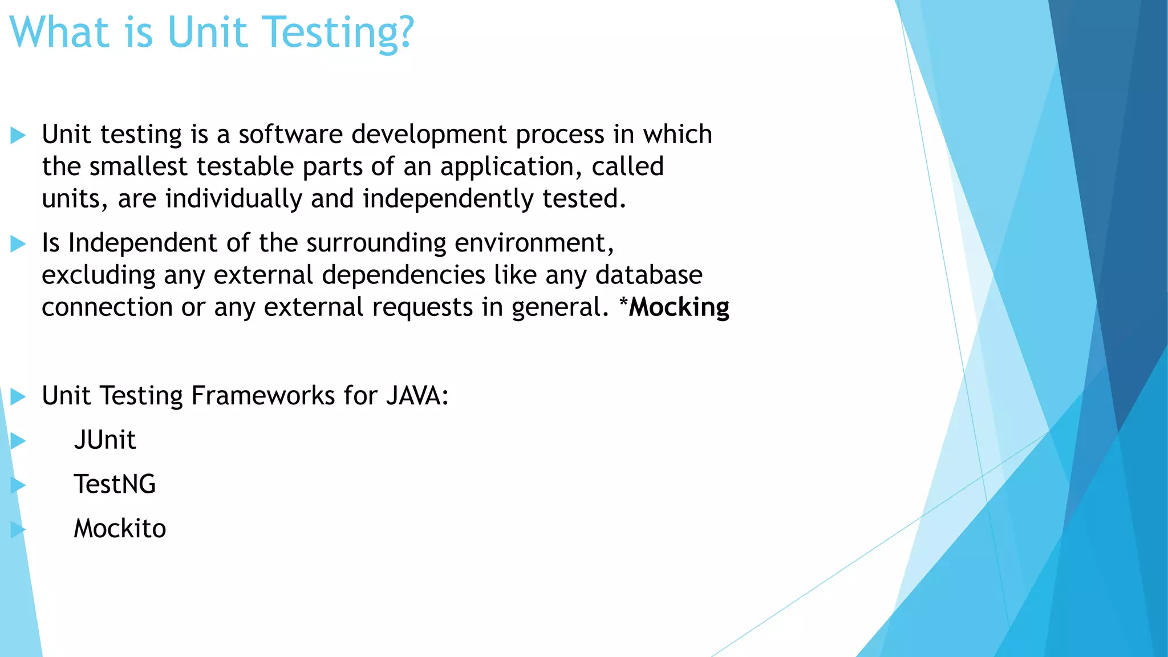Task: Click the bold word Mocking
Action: pyautogui.click(x=679, y=307)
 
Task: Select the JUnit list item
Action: pyautogui.click(x=105, y=440)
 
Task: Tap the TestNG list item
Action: pyautogui.click(x=115, y=484)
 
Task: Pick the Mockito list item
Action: pyautogui.click(x=120, y=529)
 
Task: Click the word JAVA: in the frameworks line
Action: pyautogui.click(x=417, y=396)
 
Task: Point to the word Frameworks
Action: pyautogui.click(x=263, y=396)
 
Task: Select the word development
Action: pyautogui.click(x=429, y=135)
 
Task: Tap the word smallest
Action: pyautogui.click(x=138, y=167)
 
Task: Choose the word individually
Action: pyautogui.click(x=233, y=199)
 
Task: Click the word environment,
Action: pyautogui.click(x=534, y=243)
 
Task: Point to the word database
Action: pyautogui.click(x=648, y=275)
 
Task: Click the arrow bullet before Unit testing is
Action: pyautogui.click(x=18, y=136)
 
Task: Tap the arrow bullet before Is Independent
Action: pyautogui.click(x=18, y=244)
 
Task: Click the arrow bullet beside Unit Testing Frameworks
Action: pyautogui.click(x=18, y=396)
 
